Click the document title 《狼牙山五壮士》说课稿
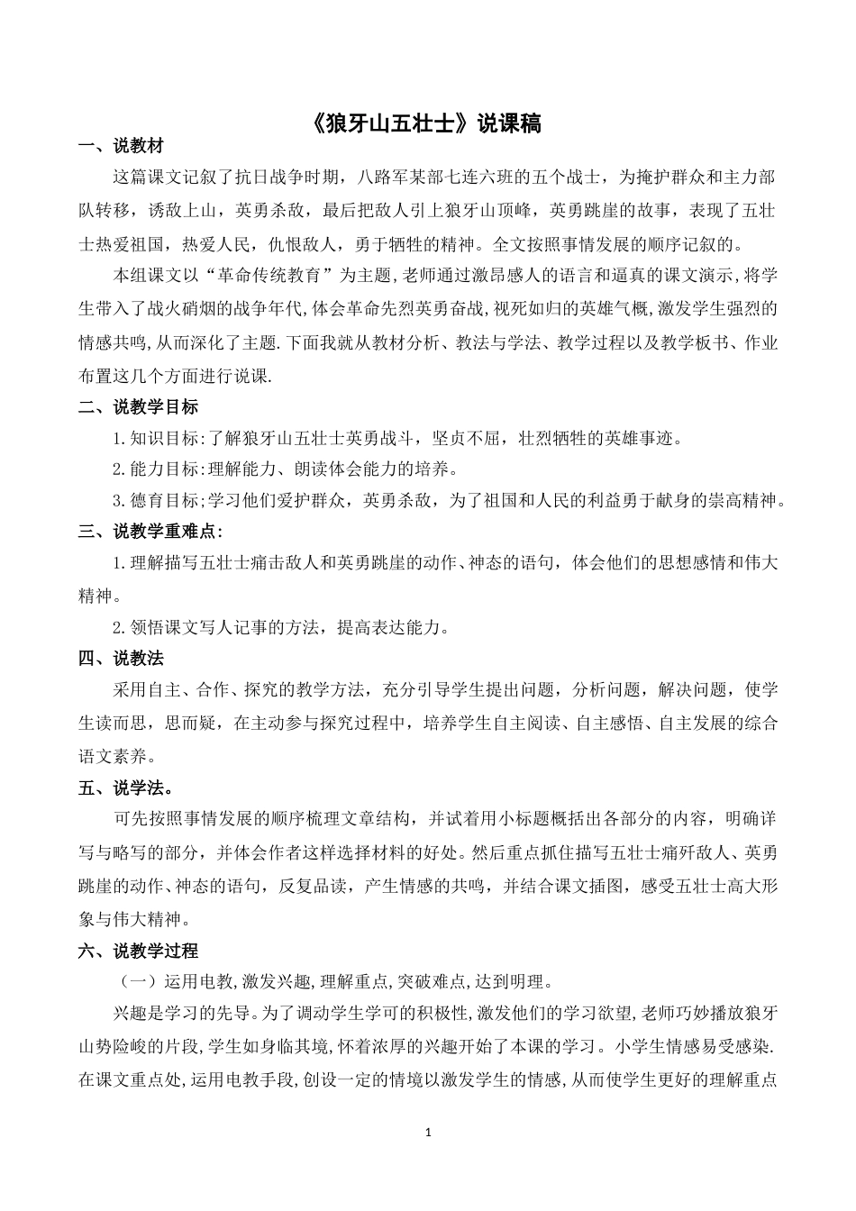(x=428, y=123)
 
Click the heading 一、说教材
(x=121, y=147)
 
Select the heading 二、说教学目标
(x=138, y=406)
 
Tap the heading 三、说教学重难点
(x=150, y=532)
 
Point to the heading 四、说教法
(x=121, y=659)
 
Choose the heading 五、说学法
(x=125, y=788)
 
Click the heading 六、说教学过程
(x=138, y=950)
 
